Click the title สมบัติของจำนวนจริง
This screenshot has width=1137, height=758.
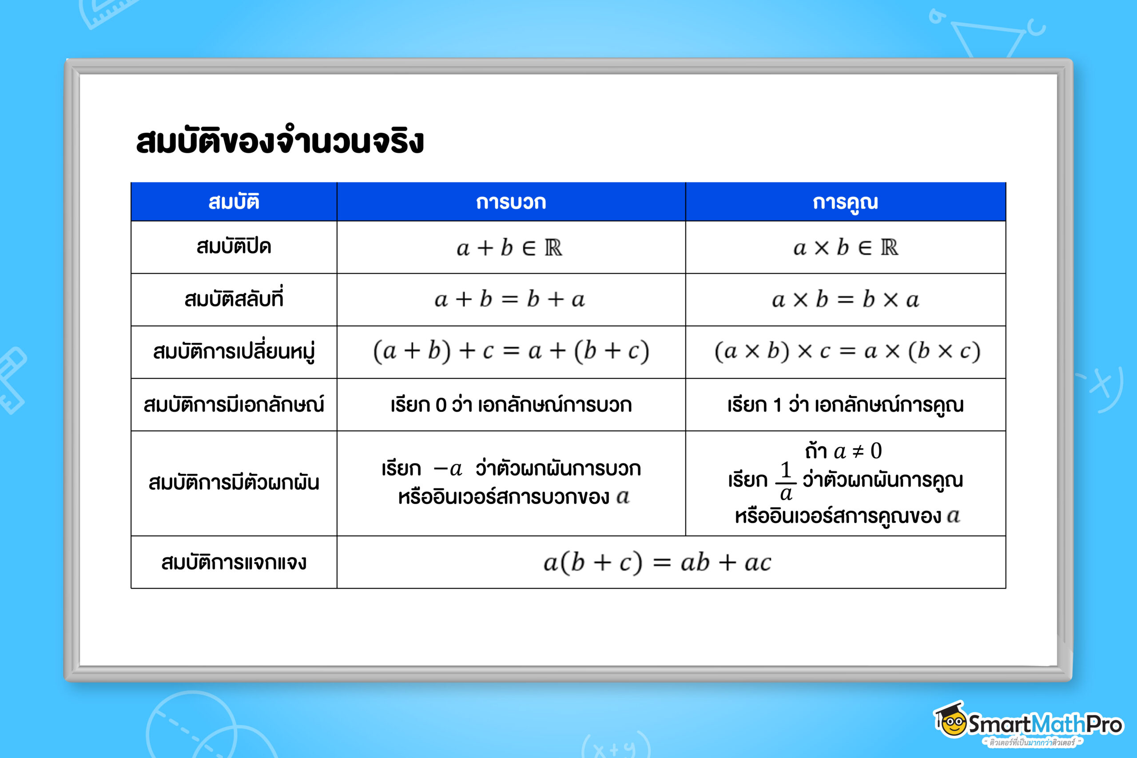280,141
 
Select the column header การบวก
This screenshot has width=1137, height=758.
511,202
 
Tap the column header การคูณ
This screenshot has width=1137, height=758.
845,202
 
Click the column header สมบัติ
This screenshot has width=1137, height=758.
234,202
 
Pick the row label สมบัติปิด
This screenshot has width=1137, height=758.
234,247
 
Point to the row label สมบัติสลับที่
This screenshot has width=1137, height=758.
234,299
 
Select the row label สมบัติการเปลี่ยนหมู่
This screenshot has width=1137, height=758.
234,352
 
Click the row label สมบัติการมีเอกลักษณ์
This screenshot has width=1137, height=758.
234,405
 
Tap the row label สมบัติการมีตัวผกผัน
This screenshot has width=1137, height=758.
234,483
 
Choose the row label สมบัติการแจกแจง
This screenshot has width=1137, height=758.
234,562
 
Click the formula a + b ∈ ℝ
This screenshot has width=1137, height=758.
509,248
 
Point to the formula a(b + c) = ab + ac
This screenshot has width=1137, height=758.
657,563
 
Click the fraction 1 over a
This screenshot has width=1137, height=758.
786,482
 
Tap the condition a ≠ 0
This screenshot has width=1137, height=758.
857,451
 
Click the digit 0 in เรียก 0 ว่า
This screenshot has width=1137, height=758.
440,405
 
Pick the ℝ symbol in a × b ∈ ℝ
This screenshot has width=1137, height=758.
889,247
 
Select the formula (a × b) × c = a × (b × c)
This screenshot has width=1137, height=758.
847,351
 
